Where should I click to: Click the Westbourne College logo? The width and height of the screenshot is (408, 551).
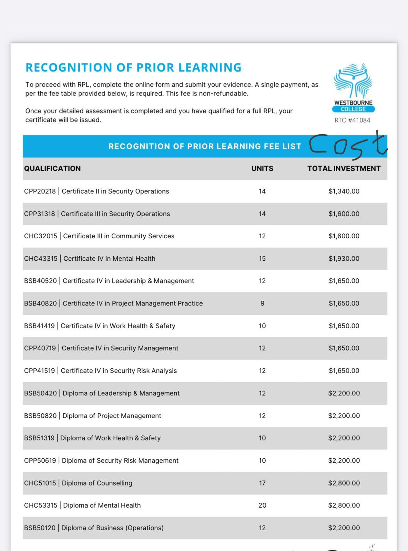tap(353, 88)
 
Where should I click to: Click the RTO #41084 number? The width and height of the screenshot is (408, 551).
tap(353, 120)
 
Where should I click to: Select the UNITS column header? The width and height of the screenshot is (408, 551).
tap(262, 168)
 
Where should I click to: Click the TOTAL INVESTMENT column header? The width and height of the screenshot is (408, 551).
tap(344, 168)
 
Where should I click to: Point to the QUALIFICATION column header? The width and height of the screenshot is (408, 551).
tap(52, 168)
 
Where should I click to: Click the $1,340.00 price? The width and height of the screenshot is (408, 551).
tap(344, 191)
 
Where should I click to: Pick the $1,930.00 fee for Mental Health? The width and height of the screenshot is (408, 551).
tap(344, 258)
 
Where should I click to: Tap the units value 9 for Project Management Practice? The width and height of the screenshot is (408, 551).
tap(262, 303)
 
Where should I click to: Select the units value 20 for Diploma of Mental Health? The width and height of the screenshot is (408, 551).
tap(262, 505)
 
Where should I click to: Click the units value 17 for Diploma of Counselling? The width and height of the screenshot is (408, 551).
tap(262, 483)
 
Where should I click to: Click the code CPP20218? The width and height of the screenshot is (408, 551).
tap(40, 191)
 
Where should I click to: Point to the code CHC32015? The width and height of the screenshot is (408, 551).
tap(40, 236)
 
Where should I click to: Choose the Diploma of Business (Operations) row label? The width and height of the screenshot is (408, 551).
tap(112, 528)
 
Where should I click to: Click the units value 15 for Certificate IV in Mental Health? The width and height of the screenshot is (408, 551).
tap(262, 258)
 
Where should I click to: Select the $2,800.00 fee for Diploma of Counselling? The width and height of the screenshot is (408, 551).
tap(344, 483)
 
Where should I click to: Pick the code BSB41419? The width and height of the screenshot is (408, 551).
tap(39, 326)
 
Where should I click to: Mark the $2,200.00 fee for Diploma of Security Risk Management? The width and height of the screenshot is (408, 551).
tap(344, 460)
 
